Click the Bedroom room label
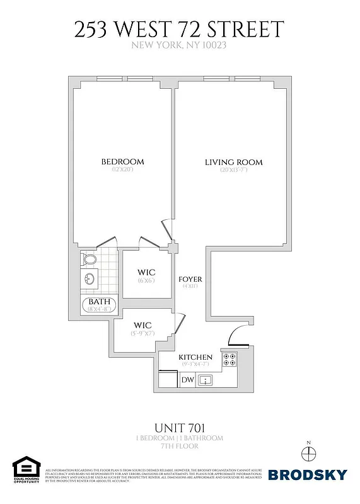tap(123, 162)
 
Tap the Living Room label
tap(233, 163)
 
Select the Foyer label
tap(189, 279)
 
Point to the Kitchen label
tap(195, 357)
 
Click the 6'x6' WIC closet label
tap(146, 273)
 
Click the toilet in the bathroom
tap(90, 258)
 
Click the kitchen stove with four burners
tap(229, 359)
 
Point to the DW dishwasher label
tap(187, 380)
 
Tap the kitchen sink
tap(206, 380)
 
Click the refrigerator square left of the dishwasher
tap(168, 379)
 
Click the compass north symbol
tap(308, 454)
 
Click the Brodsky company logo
tap(307, 474)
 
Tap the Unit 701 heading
tap(180, 428)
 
